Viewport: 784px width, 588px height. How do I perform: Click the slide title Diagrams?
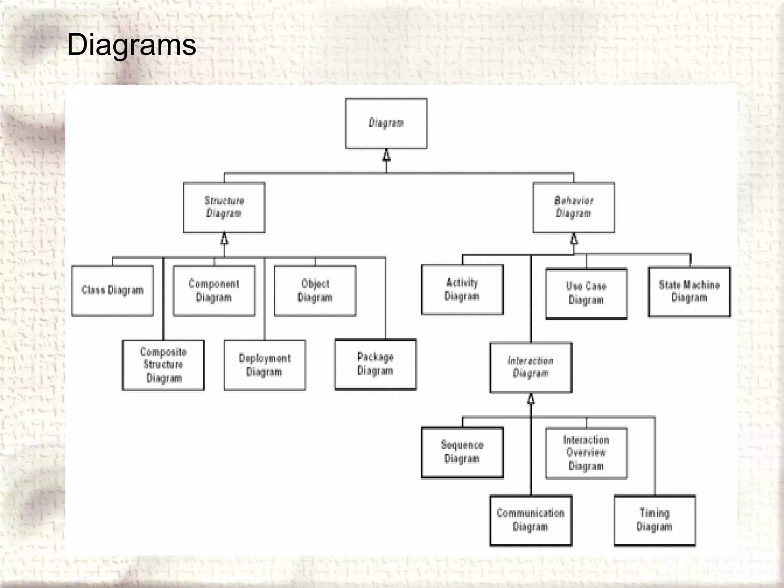(131, 45)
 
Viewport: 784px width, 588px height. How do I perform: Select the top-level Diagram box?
(386, 123)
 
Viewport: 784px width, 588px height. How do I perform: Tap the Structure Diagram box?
(224, 207)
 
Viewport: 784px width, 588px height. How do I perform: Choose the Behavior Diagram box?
(573, 207)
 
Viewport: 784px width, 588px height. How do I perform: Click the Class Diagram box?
(113, 291)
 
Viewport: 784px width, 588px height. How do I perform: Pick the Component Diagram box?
(214, 291)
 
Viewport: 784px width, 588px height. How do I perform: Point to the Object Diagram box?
(315, 291)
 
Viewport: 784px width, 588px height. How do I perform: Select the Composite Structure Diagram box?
(163, 365)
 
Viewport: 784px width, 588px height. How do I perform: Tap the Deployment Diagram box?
(265, 365)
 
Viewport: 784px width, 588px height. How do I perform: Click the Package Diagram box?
(376, 364)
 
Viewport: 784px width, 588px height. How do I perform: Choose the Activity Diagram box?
(462, 289)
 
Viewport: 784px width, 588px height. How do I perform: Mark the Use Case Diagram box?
(586, 294)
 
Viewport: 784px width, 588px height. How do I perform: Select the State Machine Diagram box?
(689, 292)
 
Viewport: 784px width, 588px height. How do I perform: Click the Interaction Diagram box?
(531, 367)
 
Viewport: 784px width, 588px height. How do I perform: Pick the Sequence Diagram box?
(462, 452)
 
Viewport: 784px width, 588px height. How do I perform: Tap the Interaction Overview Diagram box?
(586, 453)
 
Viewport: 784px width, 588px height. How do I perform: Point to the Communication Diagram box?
(531, 520)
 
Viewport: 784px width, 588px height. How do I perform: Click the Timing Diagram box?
(655, 520)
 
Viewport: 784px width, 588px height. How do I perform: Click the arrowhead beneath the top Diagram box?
(387, 155)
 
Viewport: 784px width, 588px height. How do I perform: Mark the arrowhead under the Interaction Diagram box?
(531, 399)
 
